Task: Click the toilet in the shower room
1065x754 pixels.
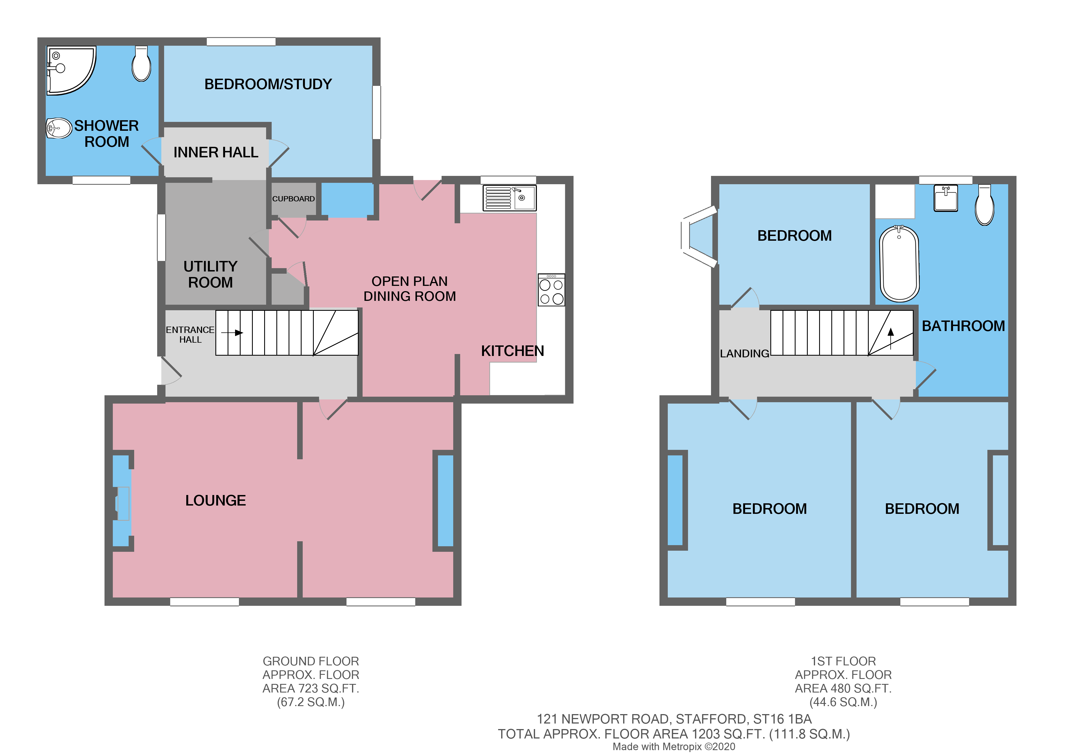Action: (x=141, y=64)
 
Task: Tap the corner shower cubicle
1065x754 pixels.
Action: (x=70, y=70)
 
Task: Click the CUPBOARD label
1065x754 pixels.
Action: (x=293, y=199)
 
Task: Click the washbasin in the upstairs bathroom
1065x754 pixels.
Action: (x=946, y=198)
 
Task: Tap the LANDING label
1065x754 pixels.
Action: (x=744, y=353)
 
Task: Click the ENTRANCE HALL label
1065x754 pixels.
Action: (x=190, y=334)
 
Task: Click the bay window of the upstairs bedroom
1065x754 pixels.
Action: (x=697, y=237)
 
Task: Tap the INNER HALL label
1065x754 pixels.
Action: (x=216, y=152)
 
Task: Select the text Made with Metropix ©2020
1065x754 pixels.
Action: (x=674, y=747)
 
